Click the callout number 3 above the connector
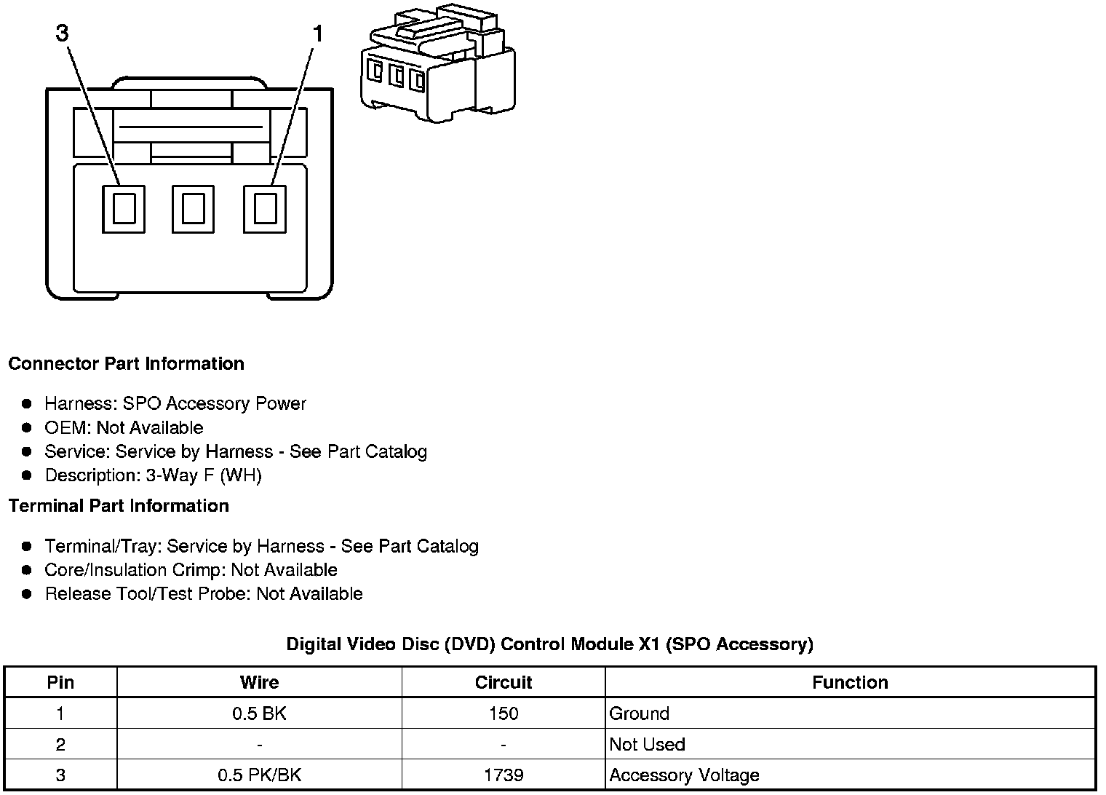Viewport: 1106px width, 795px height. pyautogui.click(x=63, y=33)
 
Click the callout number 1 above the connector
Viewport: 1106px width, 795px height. pyautogui.click(x=317, y=33)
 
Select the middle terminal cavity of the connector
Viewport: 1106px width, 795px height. pyautogui.click(x=193, y=209)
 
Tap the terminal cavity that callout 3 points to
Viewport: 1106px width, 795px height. pyautogui.click(x=124, y=209)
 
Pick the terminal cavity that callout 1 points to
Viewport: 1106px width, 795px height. pyautogui.click(x=265, y=209)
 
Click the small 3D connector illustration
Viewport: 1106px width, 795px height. pyautogui.click(x=437, y=66)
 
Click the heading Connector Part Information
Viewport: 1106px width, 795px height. pyautogui.click(x=126, y=363)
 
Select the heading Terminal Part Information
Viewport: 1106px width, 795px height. pyautogui.click(x=119, y=505)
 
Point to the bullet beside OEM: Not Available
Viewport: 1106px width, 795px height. pyautogui.click(x=27, y=427)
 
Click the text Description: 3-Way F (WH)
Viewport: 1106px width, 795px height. pyautogui.click(x=153, y=475)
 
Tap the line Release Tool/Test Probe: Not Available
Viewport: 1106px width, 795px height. pyautogui.click(x=204, y=593)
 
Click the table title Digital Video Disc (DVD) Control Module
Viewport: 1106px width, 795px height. pyautogui.click(x=549, y=644)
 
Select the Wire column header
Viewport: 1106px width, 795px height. pyautogui.click(x=259, y=682)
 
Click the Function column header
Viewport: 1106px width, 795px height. pyautogui.click(x=850, y=682)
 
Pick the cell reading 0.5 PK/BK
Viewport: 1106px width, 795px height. pyautogui.click(x=259, y=775)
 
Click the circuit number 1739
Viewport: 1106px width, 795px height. pyautogui.click(x=504, y=775)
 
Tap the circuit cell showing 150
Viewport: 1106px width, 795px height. pyautogui.click(x=504, y=713)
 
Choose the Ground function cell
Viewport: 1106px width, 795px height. pyautogui.click(x=639, y=713)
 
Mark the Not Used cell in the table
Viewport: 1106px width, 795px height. pyautogui.click(x=647, y=744)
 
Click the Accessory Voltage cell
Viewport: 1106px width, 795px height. pyautogui.click(x=684, y=775)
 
